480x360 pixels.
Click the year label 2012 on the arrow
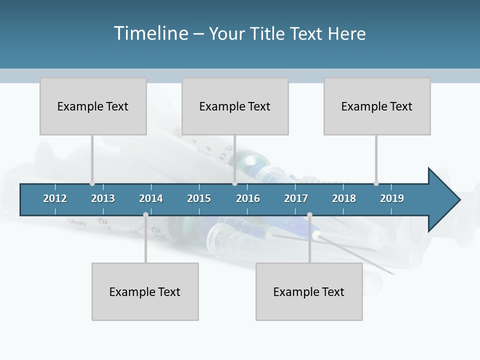point(55,198)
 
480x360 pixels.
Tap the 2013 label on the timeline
point(103,198)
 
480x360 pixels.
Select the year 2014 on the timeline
point(151,198)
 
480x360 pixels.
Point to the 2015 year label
point(199,198)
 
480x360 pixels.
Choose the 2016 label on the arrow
point(248,198)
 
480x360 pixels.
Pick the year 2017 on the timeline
point(296,198)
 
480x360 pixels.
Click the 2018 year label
point(344,198)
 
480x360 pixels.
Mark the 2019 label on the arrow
point(392,198)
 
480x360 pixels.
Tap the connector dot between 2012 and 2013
point(92,183)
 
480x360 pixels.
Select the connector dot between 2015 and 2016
point(234,183)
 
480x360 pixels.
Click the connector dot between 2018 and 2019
point(376,183)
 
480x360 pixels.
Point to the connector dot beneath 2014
point(145,214)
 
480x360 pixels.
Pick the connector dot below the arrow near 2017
point(309,214)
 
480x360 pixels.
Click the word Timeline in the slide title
point(150,33)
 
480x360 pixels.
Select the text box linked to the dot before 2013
point(93,106)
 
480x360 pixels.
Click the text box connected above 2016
point(235,106)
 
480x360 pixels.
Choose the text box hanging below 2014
point(145,291)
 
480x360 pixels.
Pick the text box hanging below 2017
point(309,291)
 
